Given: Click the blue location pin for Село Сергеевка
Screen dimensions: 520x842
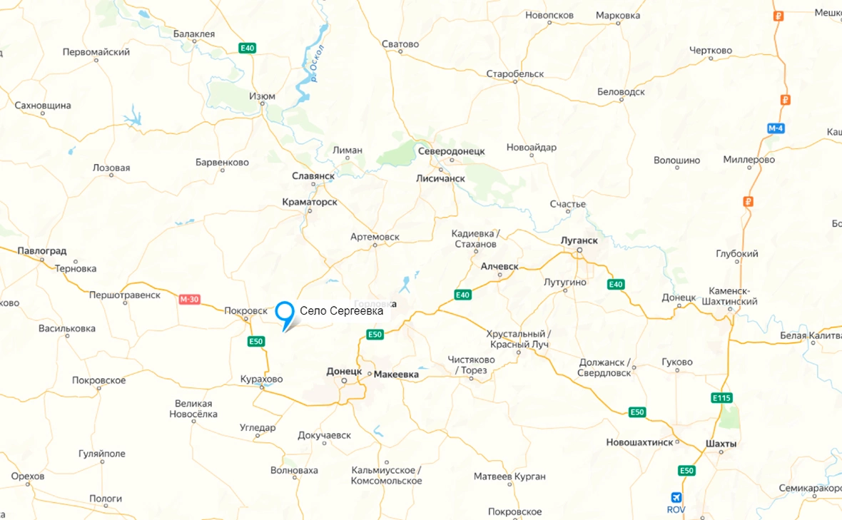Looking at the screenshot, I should click(x=285, y=313).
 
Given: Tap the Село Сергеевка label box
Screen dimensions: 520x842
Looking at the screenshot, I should click(x=342, y=311).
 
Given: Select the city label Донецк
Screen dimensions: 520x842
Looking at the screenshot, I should click(x=345, y=372).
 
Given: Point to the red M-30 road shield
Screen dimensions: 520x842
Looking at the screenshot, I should click(x=189, y=300).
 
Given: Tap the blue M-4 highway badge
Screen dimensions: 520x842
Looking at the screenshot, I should click(x=776, y=128).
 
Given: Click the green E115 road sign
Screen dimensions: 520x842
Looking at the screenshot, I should click(x=721, y=398).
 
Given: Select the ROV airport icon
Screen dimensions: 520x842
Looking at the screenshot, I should click(x=676, y=497).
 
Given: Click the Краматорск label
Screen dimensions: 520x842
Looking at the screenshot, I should click(x=310, y=203).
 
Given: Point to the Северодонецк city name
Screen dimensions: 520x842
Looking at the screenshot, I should click(x=451, y=151).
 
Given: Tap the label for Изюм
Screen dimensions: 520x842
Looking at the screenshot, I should click(x=262, y=96).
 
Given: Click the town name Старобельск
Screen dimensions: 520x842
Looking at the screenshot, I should click(x=514, y=74).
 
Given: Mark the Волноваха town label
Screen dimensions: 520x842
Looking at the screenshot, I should click(x=294, y=471).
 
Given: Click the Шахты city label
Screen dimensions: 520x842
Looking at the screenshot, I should click(x=720, y=444).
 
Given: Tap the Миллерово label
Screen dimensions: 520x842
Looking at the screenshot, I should click(x=749, y=160).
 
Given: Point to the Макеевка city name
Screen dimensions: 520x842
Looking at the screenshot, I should click(x=396, y=374).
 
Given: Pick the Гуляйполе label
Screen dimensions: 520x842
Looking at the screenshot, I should click(x=101, y=454).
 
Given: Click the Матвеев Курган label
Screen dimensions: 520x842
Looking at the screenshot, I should click(x=509, y=476).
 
